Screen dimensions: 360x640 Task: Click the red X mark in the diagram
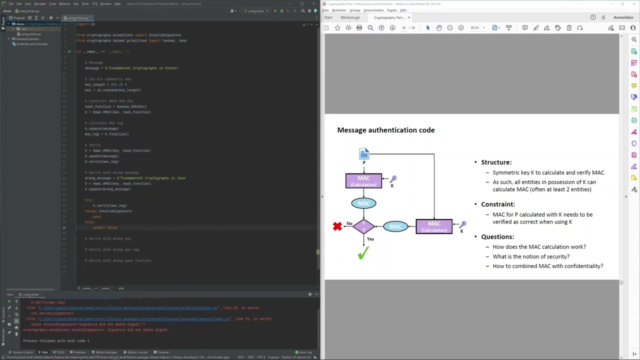tap(337, 226)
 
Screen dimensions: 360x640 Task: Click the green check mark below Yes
tap(363, 254)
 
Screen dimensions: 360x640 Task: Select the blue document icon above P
tap(364, 153)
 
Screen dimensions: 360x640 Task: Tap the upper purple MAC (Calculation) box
tap(363, 181)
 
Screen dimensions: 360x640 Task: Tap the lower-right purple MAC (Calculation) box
tap(434, 226)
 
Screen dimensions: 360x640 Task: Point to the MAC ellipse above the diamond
tap(363, 203)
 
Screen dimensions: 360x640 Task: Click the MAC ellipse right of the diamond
tap(395, 226)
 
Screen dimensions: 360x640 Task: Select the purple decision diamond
tap(363, 226)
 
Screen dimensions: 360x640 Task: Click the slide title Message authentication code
tap(385, 130)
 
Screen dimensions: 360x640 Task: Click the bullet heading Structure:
tap(496, 162)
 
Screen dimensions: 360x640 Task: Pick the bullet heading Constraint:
tap(497, 204)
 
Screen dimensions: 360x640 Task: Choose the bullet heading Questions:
tap(497, 236)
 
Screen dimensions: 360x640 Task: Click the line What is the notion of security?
tap(530, 256)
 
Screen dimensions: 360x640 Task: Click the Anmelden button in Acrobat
tap(623, 17)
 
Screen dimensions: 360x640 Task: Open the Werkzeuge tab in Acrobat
tap(350, 17)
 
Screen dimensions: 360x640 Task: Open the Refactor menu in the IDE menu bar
tap(64, 3)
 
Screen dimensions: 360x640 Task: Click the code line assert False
tap(104, 227)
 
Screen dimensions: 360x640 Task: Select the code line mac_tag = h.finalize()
tap(106, 134)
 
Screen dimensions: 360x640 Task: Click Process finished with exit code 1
tap(56, 341)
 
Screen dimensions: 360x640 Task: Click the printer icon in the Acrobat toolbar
tap(359, 28)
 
